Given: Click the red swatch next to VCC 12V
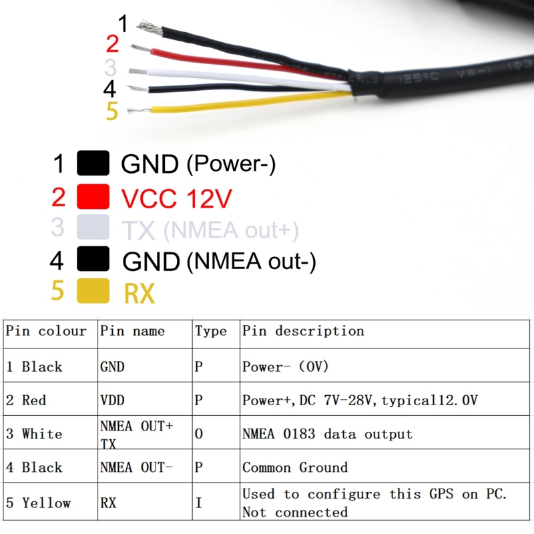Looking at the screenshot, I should (93, 196).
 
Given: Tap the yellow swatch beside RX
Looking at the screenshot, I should (93, 292).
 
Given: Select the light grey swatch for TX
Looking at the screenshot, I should (93, 228).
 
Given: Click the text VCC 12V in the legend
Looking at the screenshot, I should (176, 198).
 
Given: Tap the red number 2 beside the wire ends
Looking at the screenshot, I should (112, 45).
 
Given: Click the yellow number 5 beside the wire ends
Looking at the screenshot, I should (111, 111).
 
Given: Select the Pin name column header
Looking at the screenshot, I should (132, 331).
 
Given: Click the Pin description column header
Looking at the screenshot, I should (303, 331).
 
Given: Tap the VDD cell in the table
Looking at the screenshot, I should (112, 400).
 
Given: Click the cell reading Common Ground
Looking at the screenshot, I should (295, 467).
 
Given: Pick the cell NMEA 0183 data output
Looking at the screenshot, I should (327, 434).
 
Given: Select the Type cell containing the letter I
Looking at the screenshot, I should (198, 503).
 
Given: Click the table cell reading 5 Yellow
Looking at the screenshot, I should (38, 503).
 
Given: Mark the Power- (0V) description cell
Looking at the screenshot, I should (286, 366).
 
